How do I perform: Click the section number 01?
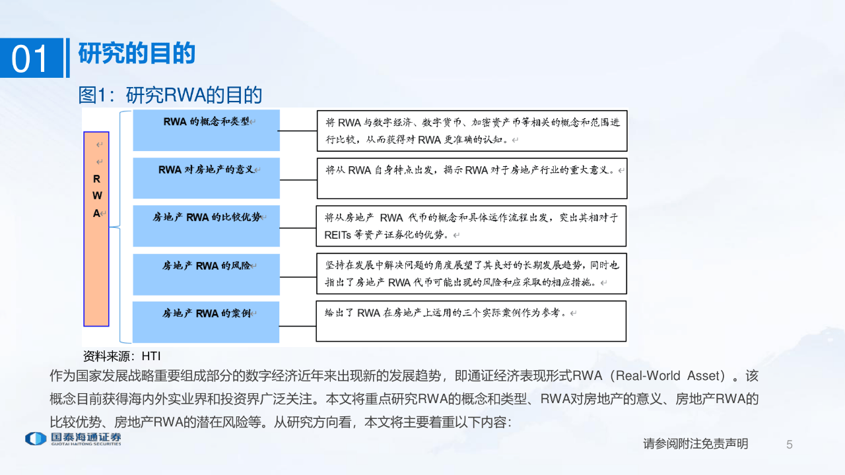[29, 59]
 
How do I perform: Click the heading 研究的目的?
[137, 53]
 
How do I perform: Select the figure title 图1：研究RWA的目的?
[170, 95]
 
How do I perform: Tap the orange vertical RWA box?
[96, 229]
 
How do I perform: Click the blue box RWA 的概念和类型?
[207, 131]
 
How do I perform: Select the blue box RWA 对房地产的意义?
[207, 178]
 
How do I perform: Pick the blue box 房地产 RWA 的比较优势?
[207, 226]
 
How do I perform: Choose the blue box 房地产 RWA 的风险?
[207, 274]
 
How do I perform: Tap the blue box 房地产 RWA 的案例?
[206, 323]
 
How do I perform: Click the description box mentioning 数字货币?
[472, 131]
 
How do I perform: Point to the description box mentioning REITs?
[471, 226]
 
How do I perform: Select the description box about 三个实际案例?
[471, 321]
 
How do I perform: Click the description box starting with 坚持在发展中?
[471, 274]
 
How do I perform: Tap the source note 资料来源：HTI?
[122, 356]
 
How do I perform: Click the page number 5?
[789, 445]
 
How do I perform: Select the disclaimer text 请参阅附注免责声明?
[696, 444]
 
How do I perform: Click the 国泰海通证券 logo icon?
[36, 439]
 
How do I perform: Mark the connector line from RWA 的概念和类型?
[298, 131]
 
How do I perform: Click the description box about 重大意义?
[472, 178]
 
